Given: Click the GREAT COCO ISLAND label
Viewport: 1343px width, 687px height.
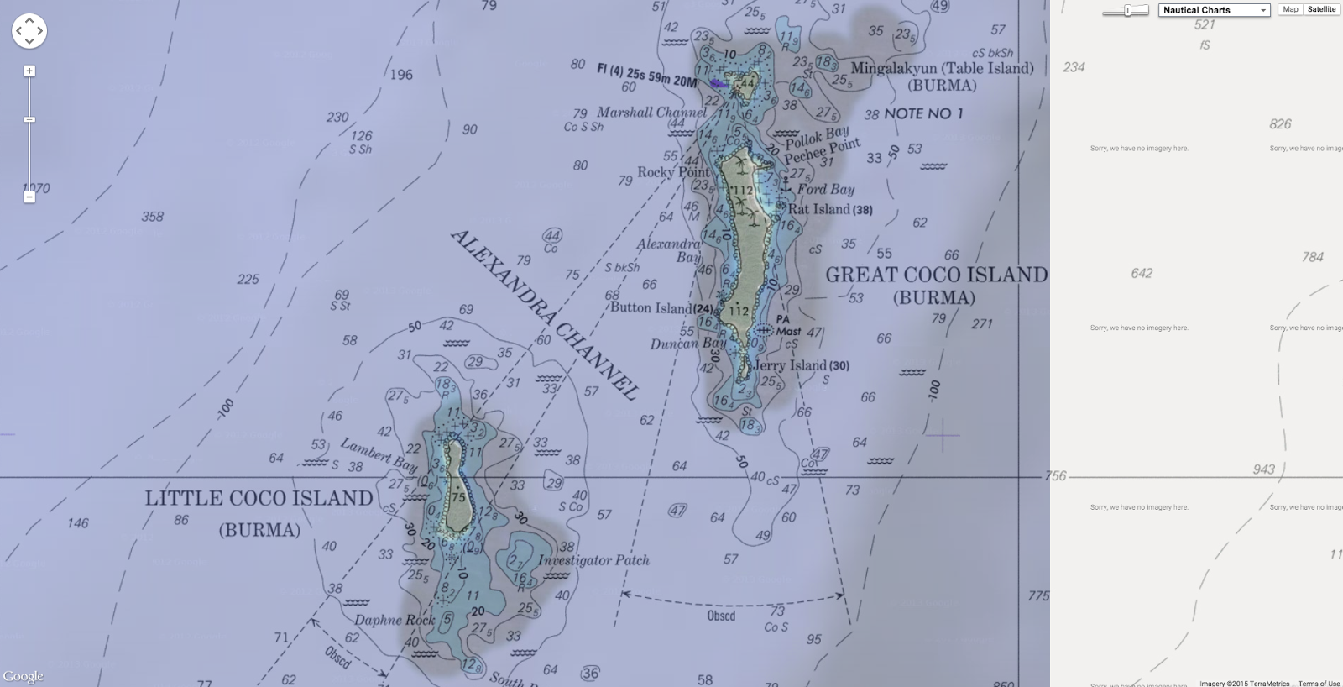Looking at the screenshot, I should point(936,275).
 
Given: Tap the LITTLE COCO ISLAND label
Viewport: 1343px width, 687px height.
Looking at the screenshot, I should point(259,498).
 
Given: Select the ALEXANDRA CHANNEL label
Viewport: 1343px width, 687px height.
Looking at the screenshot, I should point(544,314).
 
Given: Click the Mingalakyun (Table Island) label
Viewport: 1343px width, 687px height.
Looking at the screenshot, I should point(942,69).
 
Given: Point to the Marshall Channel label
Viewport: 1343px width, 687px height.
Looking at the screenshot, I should point(651,112).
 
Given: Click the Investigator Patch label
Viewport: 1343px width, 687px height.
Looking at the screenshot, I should point(593,560).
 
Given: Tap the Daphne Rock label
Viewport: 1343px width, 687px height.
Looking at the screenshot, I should point(395,620).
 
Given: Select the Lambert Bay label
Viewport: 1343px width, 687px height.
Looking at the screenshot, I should point(379,454).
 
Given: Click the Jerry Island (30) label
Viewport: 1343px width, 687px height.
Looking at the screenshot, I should point(801,365).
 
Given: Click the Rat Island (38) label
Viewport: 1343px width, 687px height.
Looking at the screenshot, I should point(829,209).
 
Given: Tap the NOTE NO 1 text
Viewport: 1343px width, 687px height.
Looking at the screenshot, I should point(923,113).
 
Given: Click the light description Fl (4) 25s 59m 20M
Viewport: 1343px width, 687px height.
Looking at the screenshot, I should point(646,75).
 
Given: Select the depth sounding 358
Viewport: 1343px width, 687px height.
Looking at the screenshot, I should point(153,217).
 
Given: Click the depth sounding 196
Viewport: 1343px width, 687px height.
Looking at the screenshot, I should point(401,75).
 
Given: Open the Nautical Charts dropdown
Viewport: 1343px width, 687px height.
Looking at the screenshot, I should point(1215,10).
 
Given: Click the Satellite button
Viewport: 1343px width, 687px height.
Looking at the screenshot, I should point(1321,9).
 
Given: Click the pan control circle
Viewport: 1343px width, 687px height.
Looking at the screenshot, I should point(29,31).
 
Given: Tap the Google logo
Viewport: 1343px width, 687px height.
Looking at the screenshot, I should point(23,676).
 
